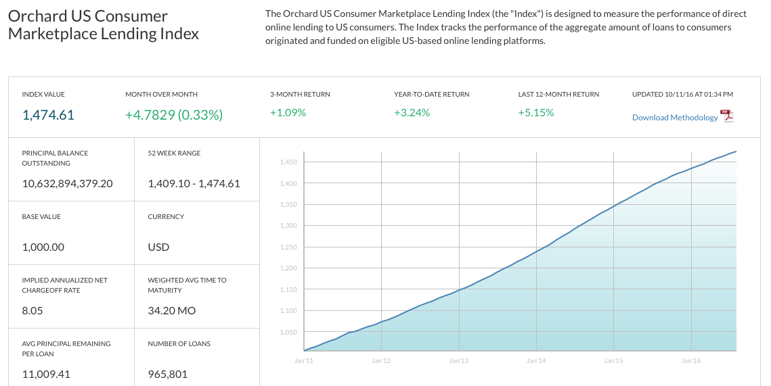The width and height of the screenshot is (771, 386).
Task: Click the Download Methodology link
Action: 675,118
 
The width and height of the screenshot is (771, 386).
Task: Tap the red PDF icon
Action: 727,116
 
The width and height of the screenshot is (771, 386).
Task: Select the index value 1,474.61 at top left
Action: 48,115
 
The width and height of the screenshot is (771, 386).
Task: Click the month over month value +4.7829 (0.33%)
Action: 174,115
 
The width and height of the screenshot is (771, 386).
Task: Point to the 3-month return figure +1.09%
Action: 288,112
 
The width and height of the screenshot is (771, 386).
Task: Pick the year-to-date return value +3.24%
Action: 412,112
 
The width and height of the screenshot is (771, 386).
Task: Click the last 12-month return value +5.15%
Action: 536,112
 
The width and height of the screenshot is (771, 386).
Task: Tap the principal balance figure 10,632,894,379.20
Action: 68,184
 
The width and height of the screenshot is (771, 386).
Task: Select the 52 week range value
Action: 194,184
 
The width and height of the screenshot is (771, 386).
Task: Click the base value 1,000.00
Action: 43,247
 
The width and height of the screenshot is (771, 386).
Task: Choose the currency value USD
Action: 158,247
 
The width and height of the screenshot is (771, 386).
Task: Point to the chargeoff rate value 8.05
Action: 32,310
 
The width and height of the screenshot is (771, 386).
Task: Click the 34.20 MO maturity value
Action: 172,310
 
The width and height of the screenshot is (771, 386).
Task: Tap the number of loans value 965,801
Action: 168,375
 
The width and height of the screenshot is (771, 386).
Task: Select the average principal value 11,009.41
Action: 46,375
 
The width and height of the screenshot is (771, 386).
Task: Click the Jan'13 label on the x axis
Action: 458,361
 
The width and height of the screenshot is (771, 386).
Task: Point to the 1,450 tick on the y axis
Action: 288,162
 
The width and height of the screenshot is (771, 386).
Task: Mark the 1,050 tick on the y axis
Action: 288,332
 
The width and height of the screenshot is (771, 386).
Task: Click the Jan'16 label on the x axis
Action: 691,361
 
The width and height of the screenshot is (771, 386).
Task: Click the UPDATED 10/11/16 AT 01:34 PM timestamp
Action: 682,94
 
